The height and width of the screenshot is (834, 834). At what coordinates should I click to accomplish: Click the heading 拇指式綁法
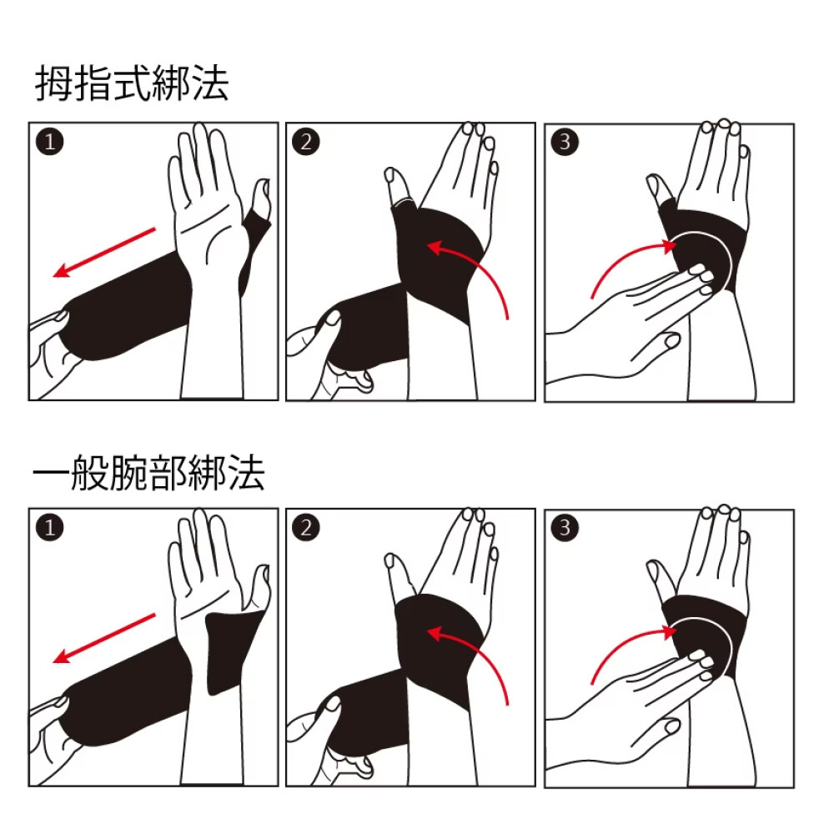coord(132,83)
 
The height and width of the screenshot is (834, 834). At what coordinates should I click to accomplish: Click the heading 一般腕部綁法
coord(149,472)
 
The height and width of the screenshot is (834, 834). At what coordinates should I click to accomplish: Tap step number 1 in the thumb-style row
coord(50,142)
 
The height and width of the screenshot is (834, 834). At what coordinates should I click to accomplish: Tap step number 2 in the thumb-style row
coord(306,142)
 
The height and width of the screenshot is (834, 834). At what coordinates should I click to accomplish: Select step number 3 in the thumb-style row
coord(565,142)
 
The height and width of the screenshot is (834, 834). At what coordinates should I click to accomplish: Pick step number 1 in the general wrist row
coord(50,528)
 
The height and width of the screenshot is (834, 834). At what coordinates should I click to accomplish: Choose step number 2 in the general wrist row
coord(306,528)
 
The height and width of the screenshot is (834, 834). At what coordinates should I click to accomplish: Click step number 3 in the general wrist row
coord(565,528)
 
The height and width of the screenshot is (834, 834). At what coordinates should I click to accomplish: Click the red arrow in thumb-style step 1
coord(104,253)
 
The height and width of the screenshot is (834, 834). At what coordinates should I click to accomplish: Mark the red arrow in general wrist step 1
coord(104,638)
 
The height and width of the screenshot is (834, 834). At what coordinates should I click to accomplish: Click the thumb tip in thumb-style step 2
coord(391,174)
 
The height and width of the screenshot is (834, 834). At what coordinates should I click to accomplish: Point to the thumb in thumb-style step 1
coord(260,201)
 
